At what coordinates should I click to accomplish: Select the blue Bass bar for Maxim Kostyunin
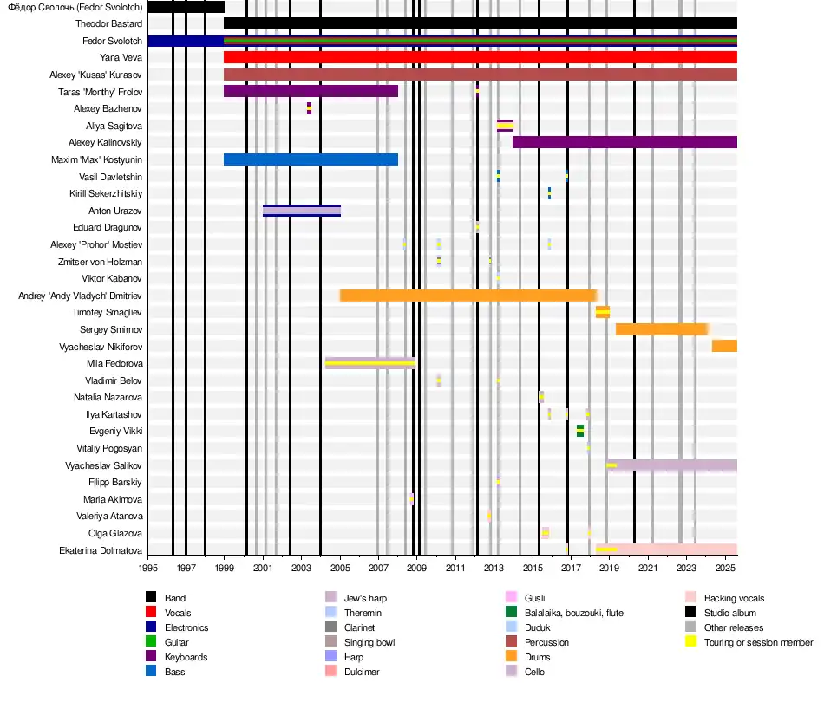click(x=311, y=159)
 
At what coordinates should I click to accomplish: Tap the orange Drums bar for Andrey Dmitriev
click(x=468, y=296)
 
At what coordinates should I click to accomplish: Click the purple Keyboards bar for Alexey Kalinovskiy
click(x=625, y=142)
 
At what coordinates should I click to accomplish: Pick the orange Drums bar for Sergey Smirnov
click(x=662, y=329)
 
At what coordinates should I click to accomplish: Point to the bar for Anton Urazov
click(x=302, y=211)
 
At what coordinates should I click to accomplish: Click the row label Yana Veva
click(x=121, y=58)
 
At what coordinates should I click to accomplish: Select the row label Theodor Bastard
click(x=108, y=24)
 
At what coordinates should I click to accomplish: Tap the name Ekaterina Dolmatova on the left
click(x=101, y=550)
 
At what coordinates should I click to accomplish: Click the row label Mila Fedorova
click(x=114, y=364)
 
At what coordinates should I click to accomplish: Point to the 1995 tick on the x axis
click(x=147, y=569)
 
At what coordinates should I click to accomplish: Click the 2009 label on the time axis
click(x=417, y=569)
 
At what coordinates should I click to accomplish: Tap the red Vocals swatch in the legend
click(x=151, y=613)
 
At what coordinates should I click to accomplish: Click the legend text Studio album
click(x=733, y=613)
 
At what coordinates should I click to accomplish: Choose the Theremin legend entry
click(x=362, y=613)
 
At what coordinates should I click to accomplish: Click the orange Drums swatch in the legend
click(x=510, y=657)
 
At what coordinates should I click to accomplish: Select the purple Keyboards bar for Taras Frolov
click(x=311, y=91)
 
